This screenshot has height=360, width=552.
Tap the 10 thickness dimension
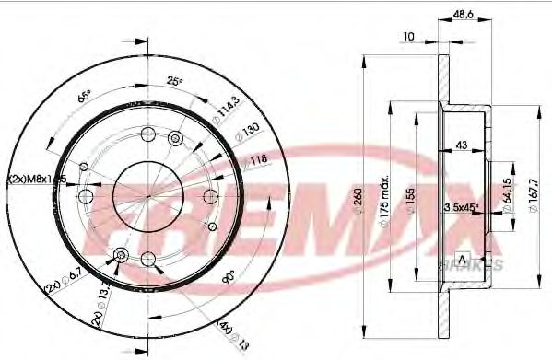point(409,36)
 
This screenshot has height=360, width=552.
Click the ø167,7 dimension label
point(532,193)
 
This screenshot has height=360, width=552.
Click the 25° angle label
point(175,81)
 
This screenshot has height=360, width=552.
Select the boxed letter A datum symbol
point(463,255)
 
